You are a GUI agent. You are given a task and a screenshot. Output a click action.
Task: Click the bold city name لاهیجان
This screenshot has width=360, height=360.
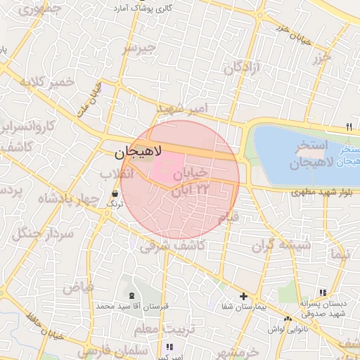tap(138, 151)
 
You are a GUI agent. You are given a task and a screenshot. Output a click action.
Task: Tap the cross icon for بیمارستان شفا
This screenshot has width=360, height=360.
tap(243, 297)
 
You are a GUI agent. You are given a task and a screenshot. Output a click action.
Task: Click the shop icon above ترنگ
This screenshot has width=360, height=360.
tap(115, 193)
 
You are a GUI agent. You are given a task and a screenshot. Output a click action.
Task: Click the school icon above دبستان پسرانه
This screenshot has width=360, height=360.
tap(323, 292)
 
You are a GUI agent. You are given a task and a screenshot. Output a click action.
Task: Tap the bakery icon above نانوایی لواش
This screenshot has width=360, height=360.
tap(288, 320)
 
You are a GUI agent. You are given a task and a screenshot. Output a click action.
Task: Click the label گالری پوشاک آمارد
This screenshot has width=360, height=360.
tap(142, 8)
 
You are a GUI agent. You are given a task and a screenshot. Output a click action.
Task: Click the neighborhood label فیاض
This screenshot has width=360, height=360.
tap(78, 286)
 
